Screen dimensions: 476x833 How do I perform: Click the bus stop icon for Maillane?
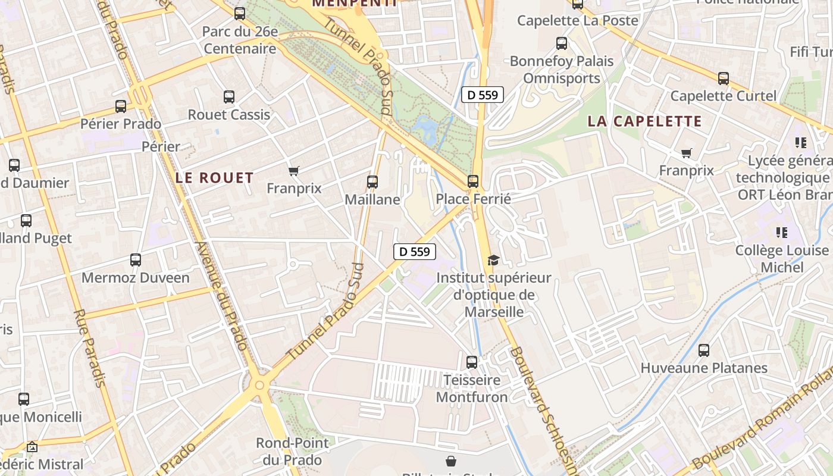click(372, 181)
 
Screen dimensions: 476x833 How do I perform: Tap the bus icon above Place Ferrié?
click(473, 181)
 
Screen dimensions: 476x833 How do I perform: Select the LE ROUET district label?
click(215, 177)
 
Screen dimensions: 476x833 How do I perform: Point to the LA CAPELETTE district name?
click(645, 121)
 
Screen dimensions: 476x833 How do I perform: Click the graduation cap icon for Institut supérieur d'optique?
click(493, 260)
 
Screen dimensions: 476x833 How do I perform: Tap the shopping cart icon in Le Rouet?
click(293, 171)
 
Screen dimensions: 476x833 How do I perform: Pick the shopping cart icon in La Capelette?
click(686, 154)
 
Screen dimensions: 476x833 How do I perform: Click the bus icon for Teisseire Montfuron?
click(472, 362)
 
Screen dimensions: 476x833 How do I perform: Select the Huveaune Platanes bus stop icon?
click(704, 350)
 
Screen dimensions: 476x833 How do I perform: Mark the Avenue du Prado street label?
click(221, 296)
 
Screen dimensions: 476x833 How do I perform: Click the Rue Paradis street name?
click(90, 348)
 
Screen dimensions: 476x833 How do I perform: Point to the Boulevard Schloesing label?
click(543, 411)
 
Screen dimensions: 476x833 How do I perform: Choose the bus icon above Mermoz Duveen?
click(136, 260)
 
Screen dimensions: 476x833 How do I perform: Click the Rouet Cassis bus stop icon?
click(229, 97)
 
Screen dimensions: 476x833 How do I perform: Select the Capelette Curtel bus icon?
click(724, 78)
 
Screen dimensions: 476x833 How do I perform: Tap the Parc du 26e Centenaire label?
click(240, 40)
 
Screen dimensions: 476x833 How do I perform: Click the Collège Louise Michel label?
click(782, 259)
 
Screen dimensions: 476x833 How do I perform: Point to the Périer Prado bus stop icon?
click(121, 107)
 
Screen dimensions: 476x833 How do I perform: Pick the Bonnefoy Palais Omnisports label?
click(562, 70)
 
